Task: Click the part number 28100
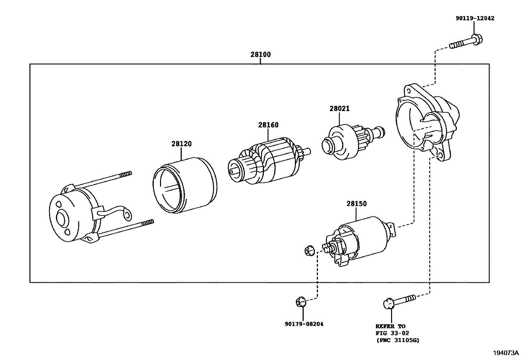tap(260, 55)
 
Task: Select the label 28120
tap(181, 143)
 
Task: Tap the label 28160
tap(268, 125)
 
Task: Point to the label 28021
tap(339, 109)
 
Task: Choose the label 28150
tap(356, 204)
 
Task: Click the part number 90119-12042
tap(475, 18)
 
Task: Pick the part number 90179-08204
tap(304, 324)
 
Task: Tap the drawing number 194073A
tap(506, 353)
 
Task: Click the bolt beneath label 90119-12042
tap(466, 42)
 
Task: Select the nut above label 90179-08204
tap(300, 301)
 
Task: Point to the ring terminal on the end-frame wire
tap(127, 215)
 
